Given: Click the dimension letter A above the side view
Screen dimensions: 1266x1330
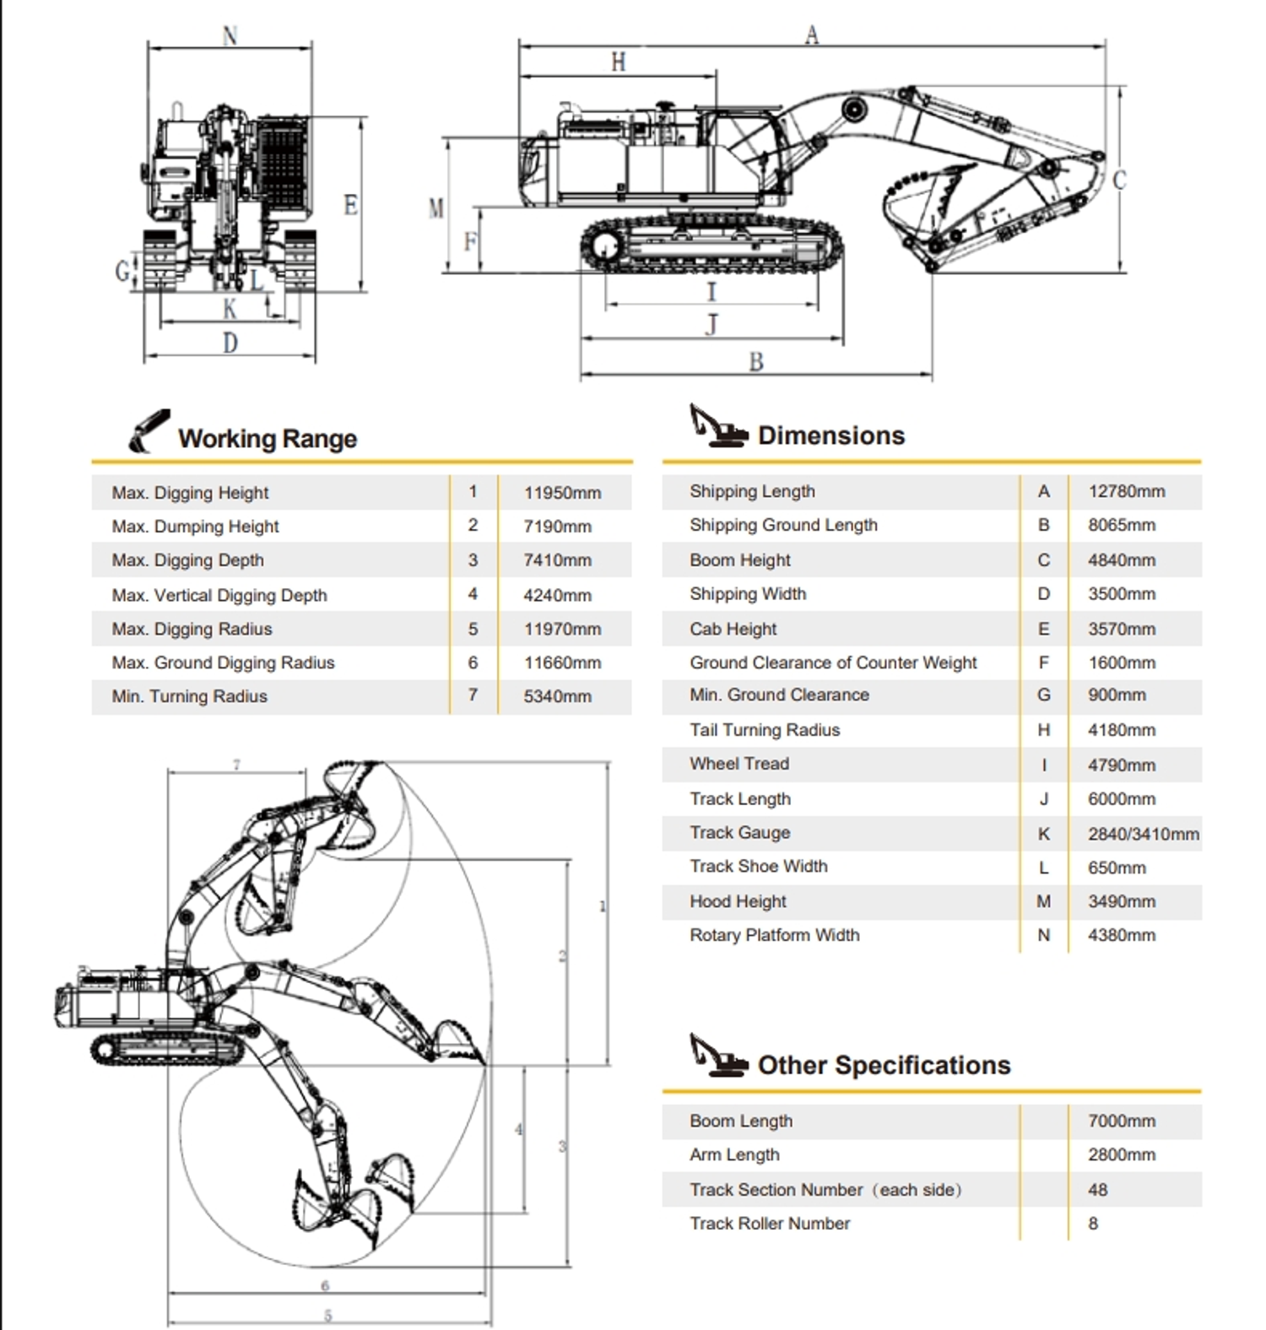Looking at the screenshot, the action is click(x=812, y=35).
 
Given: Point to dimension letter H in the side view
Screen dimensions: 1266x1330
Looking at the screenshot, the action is click(x=619, y=62).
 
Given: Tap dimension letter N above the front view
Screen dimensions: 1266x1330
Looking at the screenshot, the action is click(x=230, y=35).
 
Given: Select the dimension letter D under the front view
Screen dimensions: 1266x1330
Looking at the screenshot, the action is click(x=230, y=343).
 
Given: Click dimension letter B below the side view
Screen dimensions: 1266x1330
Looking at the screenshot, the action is click(x=756, y=361).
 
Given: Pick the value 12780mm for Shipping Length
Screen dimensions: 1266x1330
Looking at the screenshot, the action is click(x=1126, y=491).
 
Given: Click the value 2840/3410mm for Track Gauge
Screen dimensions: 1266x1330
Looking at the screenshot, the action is click(x=1143, y=834).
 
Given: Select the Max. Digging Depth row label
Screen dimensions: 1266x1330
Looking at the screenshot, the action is click(x=187, y=560).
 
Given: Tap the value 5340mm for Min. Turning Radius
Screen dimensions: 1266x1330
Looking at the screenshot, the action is click(x=557, y=696).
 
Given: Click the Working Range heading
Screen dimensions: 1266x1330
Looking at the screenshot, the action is click(x=267, y=438).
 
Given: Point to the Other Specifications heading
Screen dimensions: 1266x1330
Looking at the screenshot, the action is click(x=884, y=1065).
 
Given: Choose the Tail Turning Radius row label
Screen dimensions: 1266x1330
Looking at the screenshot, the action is click(x=765, y=730).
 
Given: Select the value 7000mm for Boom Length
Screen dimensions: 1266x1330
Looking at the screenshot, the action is click(x=1121, y=1121).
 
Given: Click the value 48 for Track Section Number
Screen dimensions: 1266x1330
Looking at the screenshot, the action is click(x=1097, y=1190).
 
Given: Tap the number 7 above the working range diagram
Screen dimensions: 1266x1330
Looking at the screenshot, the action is click(x=236, y=765).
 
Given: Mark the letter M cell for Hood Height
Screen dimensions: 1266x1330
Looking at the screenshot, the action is click(x=1043, y=901).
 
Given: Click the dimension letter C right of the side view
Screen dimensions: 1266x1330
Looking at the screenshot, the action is click(x=1119, y=180).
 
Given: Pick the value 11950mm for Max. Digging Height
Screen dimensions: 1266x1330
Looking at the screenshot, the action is click(x=562, y=493).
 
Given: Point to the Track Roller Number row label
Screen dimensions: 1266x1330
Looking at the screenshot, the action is click(x=770, y=1224).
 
